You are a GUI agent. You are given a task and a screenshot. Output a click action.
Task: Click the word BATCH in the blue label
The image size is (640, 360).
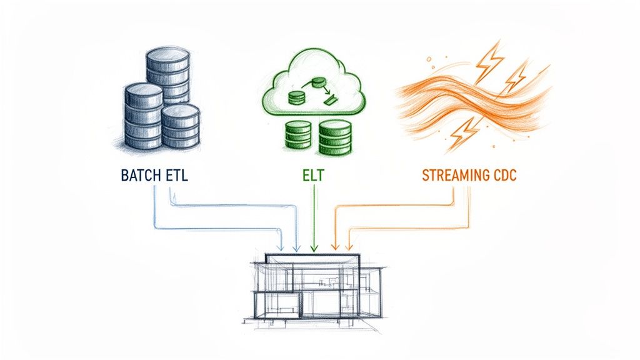coord(139,176)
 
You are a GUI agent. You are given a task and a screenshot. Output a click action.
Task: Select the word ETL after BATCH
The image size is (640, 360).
coord(175,176)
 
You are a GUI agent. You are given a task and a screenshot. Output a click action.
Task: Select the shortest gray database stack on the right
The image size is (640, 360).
coord(181,127)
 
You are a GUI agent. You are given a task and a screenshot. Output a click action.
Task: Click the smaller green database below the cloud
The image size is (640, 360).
coord(297,134)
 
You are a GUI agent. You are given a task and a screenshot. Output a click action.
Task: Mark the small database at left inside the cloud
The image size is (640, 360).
coord(296,97)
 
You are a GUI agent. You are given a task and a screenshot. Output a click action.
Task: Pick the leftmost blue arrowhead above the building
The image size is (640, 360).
coord(283,249)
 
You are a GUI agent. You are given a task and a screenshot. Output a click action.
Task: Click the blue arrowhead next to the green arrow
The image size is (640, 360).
coord(297,249)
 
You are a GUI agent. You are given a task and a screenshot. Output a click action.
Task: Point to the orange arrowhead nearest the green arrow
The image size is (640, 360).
coord(332,249)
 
